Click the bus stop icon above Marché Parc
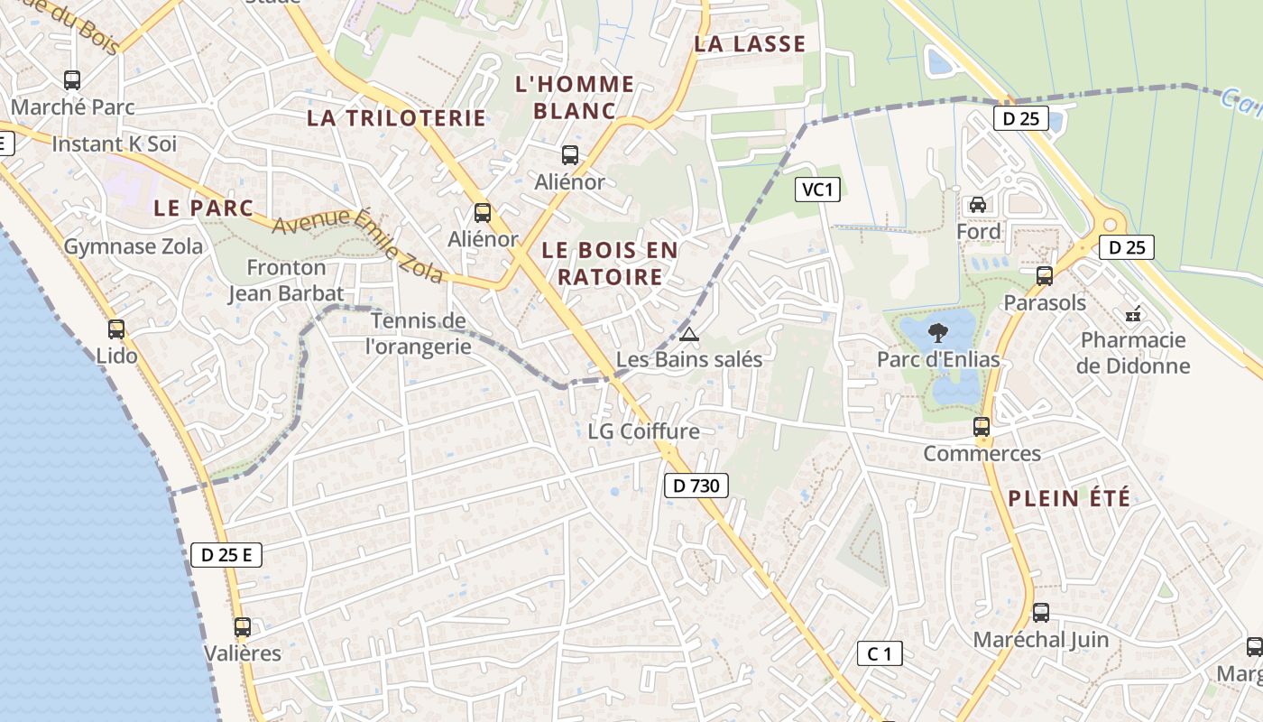tap(72, 80)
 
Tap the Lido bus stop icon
tap(116, 329)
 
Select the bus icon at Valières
tap(242, 626)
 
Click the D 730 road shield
tap(696, 486)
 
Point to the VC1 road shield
tap(818, 190)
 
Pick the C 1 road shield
tap(880, 653)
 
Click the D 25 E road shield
tap(226, 555)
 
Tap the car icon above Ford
tap(977, 204)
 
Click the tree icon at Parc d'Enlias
tap(938, 331)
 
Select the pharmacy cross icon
tap(1133, 314)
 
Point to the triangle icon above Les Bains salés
tap(689, 335)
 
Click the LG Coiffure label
tap(643, 431)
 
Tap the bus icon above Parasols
tap(1045, 276)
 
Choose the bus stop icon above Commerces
tap(982, 427)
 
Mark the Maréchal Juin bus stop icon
tap(1041, 613)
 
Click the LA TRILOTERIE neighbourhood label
tap(397, 118)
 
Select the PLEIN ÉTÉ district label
tap(1069, 498)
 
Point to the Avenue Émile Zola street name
tap(358, 245)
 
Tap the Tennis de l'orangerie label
tap(419, 333)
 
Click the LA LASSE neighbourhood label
tap(750, 44)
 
